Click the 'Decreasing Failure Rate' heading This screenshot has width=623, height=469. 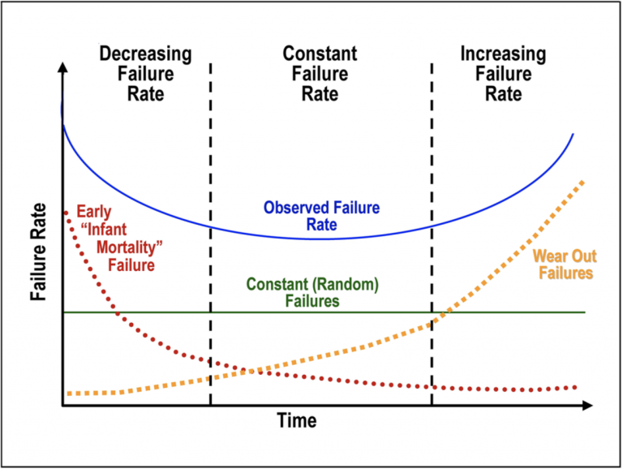coord(145,74)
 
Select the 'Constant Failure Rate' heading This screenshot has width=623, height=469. coord(320,74)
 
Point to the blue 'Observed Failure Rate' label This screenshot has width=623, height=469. coord(321,216)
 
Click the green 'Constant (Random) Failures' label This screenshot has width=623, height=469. coord(312,293)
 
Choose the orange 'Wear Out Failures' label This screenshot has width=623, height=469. coord(562,265)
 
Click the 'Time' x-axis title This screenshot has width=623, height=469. coord(297,421)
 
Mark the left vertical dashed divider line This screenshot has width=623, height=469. coord(210,243)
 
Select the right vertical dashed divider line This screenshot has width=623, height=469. coord(432,243)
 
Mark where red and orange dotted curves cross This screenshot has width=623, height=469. coord(251,371)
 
